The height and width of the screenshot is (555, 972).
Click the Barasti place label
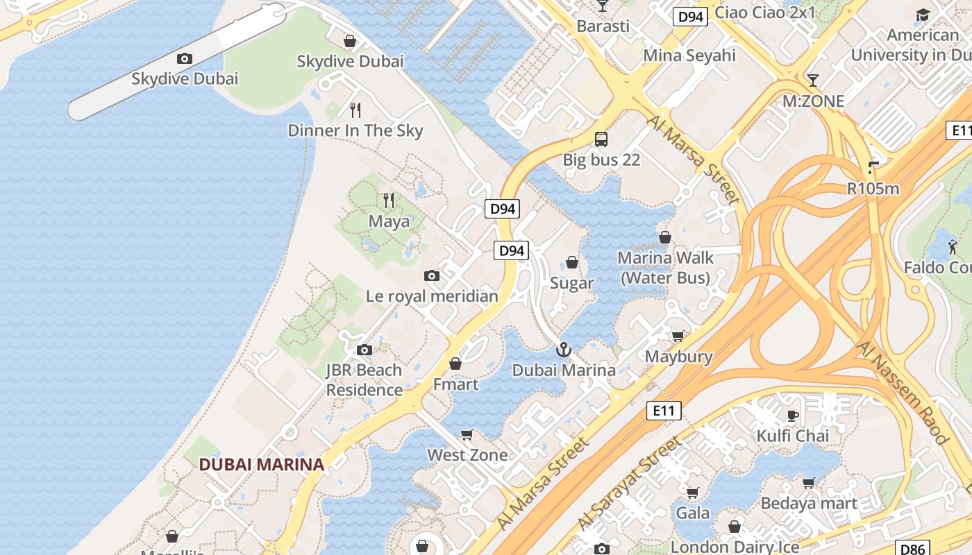tap(603, 26)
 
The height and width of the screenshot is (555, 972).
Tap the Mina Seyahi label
tap(689, 55)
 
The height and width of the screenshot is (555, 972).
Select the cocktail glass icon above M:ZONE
tap(812, 80)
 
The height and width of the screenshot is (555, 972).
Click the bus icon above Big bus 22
tap(601, 139)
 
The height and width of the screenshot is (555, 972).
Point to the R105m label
tap(873, 188)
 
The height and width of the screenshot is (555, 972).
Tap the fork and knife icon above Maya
tap(389, 200)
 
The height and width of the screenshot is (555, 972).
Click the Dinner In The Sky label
tap(355, 130)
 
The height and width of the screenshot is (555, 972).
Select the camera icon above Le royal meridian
tap(432, 275)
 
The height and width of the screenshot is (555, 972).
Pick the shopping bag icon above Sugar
tap(572, 262)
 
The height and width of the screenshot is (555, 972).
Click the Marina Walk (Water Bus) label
tap(665, 268)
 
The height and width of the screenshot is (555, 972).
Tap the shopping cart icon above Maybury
tap(678, 336)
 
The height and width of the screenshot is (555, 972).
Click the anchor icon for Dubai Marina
tap(564, 350)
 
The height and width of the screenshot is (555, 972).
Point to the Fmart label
tap(455, 384)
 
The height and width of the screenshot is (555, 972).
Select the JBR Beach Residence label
tap(364, 380)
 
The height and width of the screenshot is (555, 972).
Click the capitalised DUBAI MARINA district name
tap(262, 465)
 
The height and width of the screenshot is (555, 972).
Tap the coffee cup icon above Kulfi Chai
tap(792, 416)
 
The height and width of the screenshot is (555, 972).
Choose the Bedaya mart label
tap(809, 503)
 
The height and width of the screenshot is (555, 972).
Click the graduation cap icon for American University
tap(923, 15)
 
